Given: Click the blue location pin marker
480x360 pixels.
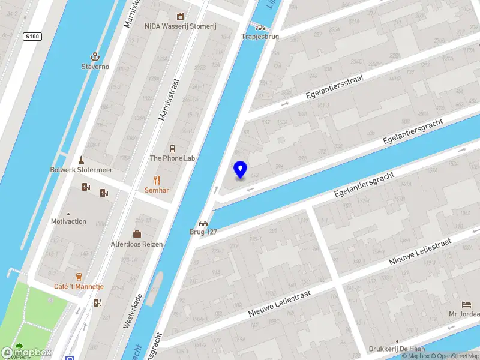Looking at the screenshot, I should [x=240, y=170].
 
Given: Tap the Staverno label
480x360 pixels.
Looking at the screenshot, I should [x=95, y=67].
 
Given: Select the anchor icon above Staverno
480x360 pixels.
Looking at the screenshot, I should [x=95, y=56].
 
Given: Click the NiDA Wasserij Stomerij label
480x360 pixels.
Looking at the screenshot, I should [x=179, y=26].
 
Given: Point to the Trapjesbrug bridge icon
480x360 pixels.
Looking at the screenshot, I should [x=260, y=26].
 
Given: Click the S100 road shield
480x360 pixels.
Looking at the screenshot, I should [x=32, y=37].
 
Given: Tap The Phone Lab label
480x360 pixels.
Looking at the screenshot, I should [x=173, y=158].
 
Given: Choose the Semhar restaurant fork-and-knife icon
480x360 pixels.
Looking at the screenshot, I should [x=157, y=179].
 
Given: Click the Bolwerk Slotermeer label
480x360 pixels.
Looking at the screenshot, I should [x=81, y=170].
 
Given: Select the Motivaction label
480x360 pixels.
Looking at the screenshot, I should [x=68, y=221].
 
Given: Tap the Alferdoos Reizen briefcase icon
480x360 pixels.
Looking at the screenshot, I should [x=137, y=234].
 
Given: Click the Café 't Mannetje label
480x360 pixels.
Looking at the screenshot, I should [x=79, y=287].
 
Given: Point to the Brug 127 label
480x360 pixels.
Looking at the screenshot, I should [x=203, y=232].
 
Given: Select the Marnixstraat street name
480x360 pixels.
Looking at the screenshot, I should [x=169, y=98].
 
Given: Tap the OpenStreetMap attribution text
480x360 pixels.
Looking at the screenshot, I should [x=454, y=356].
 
